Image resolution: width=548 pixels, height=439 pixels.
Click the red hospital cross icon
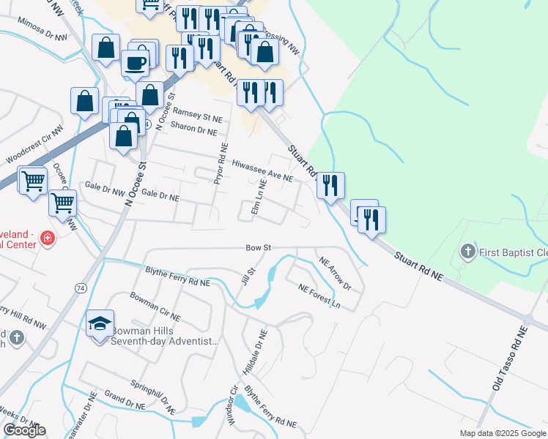tap(47, 238)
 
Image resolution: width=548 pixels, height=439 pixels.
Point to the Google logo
tap(24, 430)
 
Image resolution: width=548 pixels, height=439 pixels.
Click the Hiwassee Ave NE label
tap(262, 171)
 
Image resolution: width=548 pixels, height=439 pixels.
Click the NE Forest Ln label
tap(319, 295)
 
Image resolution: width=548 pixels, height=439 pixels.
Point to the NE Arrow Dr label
tap(336, 273)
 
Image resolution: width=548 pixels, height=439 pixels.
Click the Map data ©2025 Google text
tap(501, 433)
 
